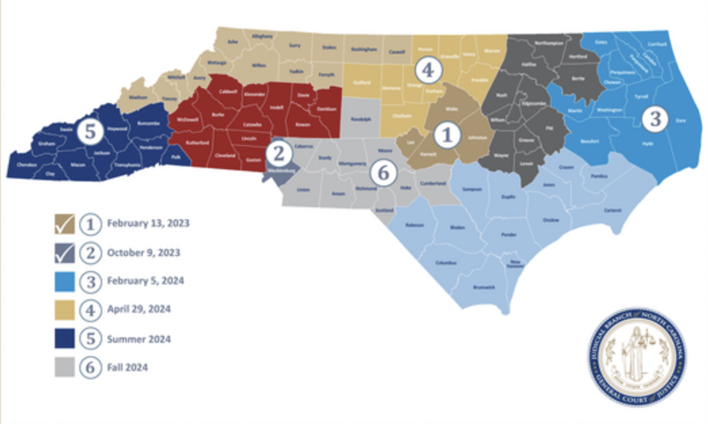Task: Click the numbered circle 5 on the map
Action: click(90, 132)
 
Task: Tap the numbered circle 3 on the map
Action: click(655, 119)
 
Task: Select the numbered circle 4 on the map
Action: click(427, 70)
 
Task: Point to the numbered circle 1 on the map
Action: click(447, 135)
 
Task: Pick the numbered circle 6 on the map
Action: click(383, 173)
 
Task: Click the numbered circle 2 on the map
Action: click(279, 154)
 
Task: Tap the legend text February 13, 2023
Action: click(148, 223)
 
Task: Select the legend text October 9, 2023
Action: click(143, 252)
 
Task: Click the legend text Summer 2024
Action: click(139, 339)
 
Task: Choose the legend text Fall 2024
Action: click(127, 367)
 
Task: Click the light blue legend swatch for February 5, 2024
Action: click(65, 281)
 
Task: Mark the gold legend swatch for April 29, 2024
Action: click(65, 310)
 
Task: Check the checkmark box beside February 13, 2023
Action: click(65, 224)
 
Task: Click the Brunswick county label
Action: click(483, 287)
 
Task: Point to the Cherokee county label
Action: click(26, 165)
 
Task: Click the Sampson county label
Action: click(472, 189)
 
